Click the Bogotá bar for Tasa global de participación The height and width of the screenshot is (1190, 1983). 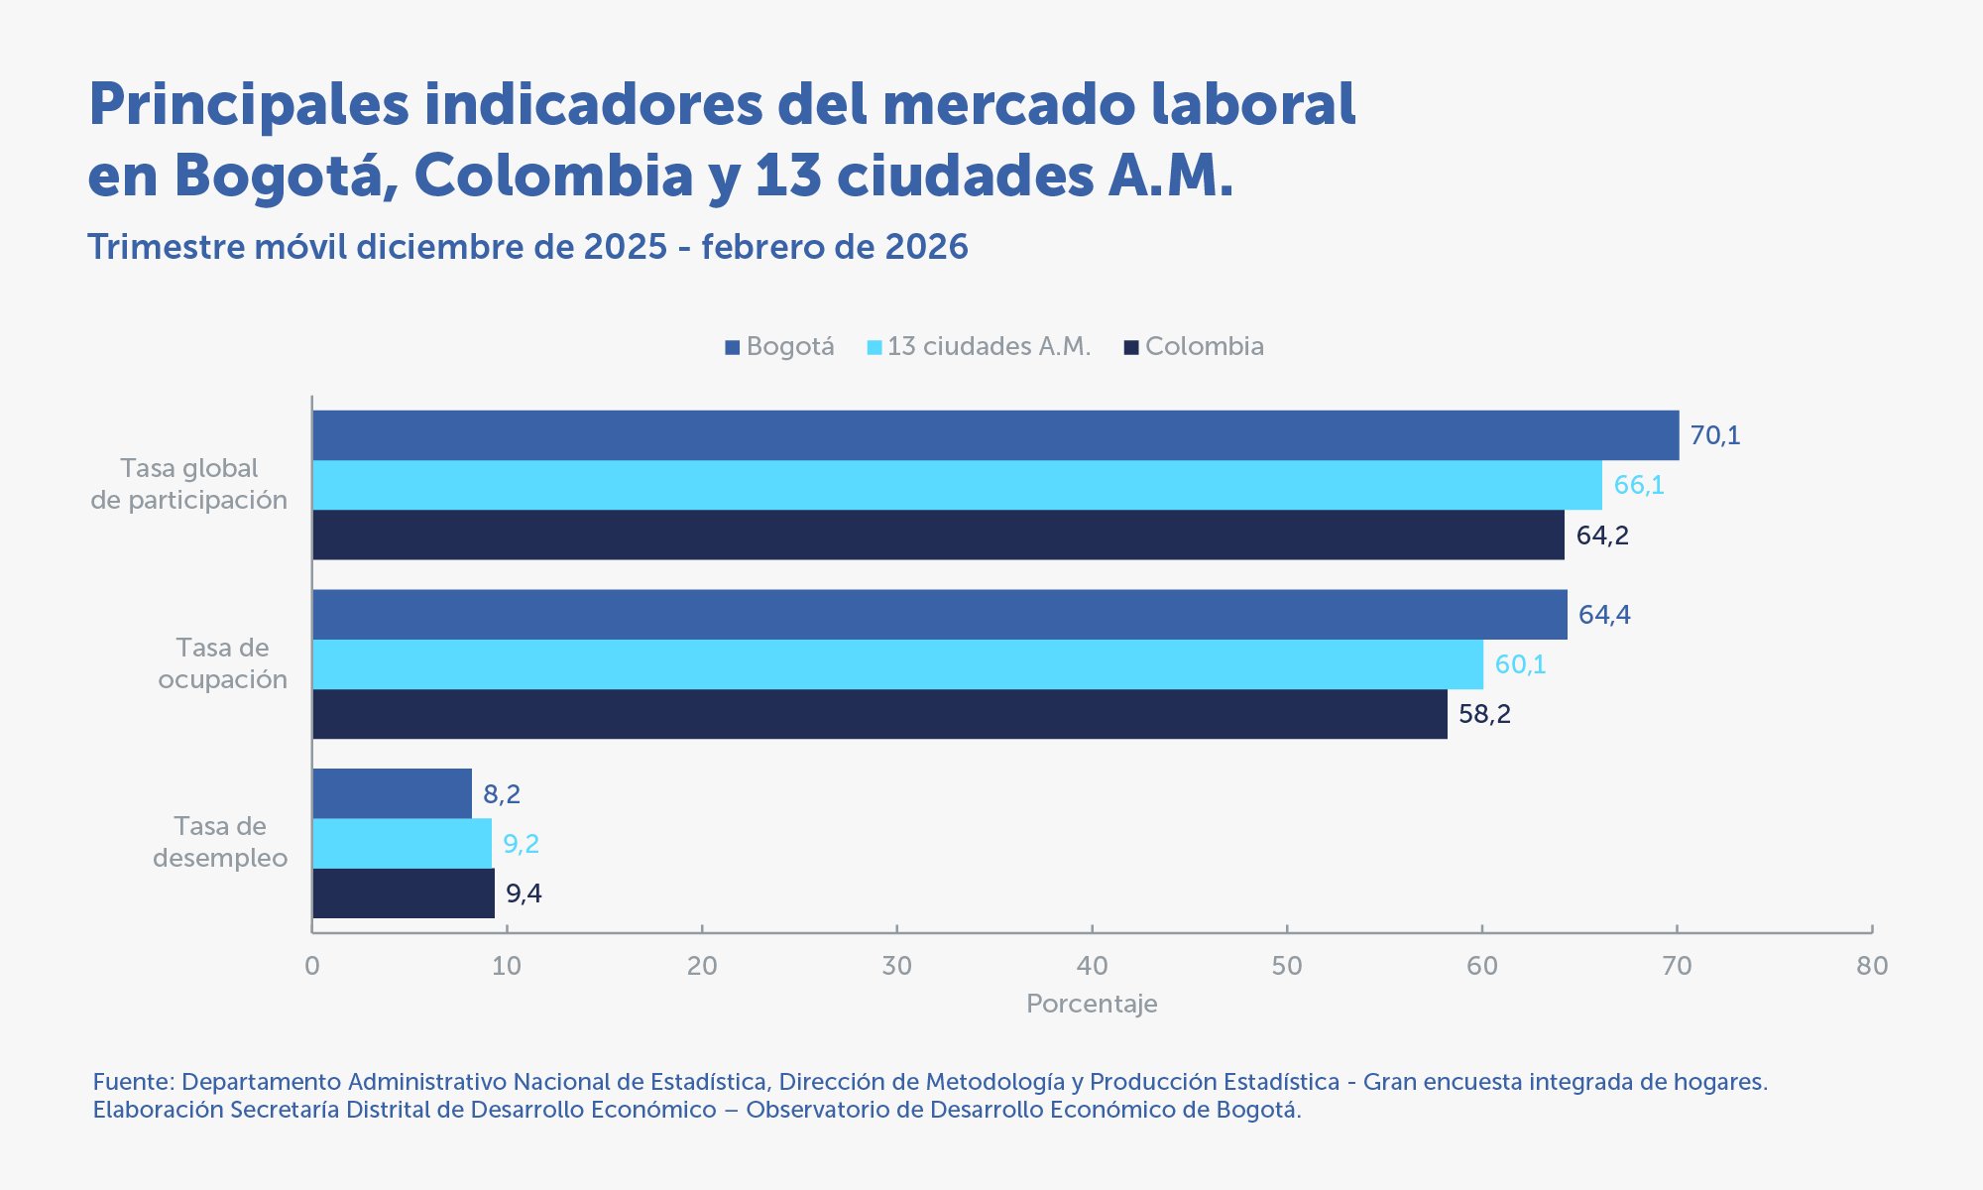click(x=995, y=435)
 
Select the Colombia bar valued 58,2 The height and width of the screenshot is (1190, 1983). click(x=879, y=714)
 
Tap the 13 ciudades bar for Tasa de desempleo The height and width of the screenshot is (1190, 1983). click(x=402, y=844)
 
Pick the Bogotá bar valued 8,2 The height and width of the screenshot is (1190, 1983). click(x=392, y=793)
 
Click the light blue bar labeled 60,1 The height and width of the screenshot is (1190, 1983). click(x=897, y=664)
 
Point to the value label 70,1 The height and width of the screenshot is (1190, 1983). click(x=1715, y=435)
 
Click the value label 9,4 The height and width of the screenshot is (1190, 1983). click(x=524, y=894)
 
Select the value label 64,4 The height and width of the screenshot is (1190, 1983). click(x=1604, y=615)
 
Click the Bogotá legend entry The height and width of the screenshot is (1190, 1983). click(x=779, y=347)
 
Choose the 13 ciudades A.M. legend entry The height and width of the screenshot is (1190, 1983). click(x=979, y=347)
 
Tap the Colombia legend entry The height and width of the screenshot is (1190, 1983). click(x=1194, y=347)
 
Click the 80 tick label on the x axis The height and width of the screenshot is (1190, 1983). click(x=1872, y=966)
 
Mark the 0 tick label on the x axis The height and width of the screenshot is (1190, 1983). click(x=312, y=966)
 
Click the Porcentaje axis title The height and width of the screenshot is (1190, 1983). click(x=1092, y=1004)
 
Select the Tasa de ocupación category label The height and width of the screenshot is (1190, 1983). click(x=222, y=663)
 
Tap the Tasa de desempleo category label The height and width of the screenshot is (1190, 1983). click(x=220, y=842)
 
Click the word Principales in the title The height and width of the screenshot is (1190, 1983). click(x=248, y=105)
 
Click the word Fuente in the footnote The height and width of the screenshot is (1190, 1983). click(x=133, y=1082)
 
